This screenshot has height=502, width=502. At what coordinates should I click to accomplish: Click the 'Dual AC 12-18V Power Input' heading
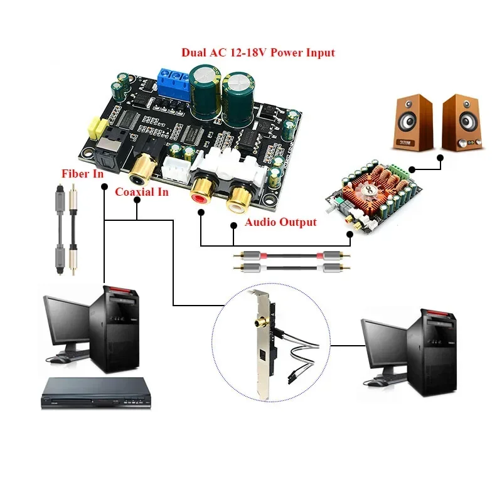258,53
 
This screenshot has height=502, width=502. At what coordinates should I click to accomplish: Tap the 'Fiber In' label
82,174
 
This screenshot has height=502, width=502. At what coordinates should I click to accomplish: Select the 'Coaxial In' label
141,192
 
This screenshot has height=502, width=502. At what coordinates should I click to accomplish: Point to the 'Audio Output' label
280,222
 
